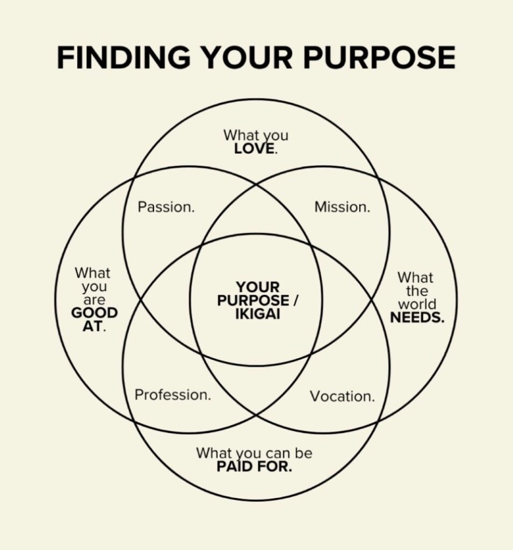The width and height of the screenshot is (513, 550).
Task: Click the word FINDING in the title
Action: (124, 57)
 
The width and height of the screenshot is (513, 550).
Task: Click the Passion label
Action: (166, 207)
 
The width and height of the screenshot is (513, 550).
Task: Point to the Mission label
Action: (342, 207)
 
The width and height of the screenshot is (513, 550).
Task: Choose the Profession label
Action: (172, 395)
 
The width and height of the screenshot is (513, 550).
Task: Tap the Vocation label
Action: (342, 396)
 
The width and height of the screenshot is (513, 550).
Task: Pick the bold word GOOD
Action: (95, 313)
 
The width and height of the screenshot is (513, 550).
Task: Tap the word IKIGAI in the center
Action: (257, 314)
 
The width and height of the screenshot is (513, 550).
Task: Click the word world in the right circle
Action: (417, 304)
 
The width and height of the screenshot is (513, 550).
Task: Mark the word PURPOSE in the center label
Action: (253, 301)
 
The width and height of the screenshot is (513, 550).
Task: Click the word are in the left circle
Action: (94, 300)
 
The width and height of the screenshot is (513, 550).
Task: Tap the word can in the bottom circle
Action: (278, 453)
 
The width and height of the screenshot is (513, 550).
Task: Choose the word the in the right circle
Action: (417, 291)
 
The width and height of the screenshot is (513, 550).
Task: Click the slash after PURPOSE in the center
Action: (295, 301)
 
